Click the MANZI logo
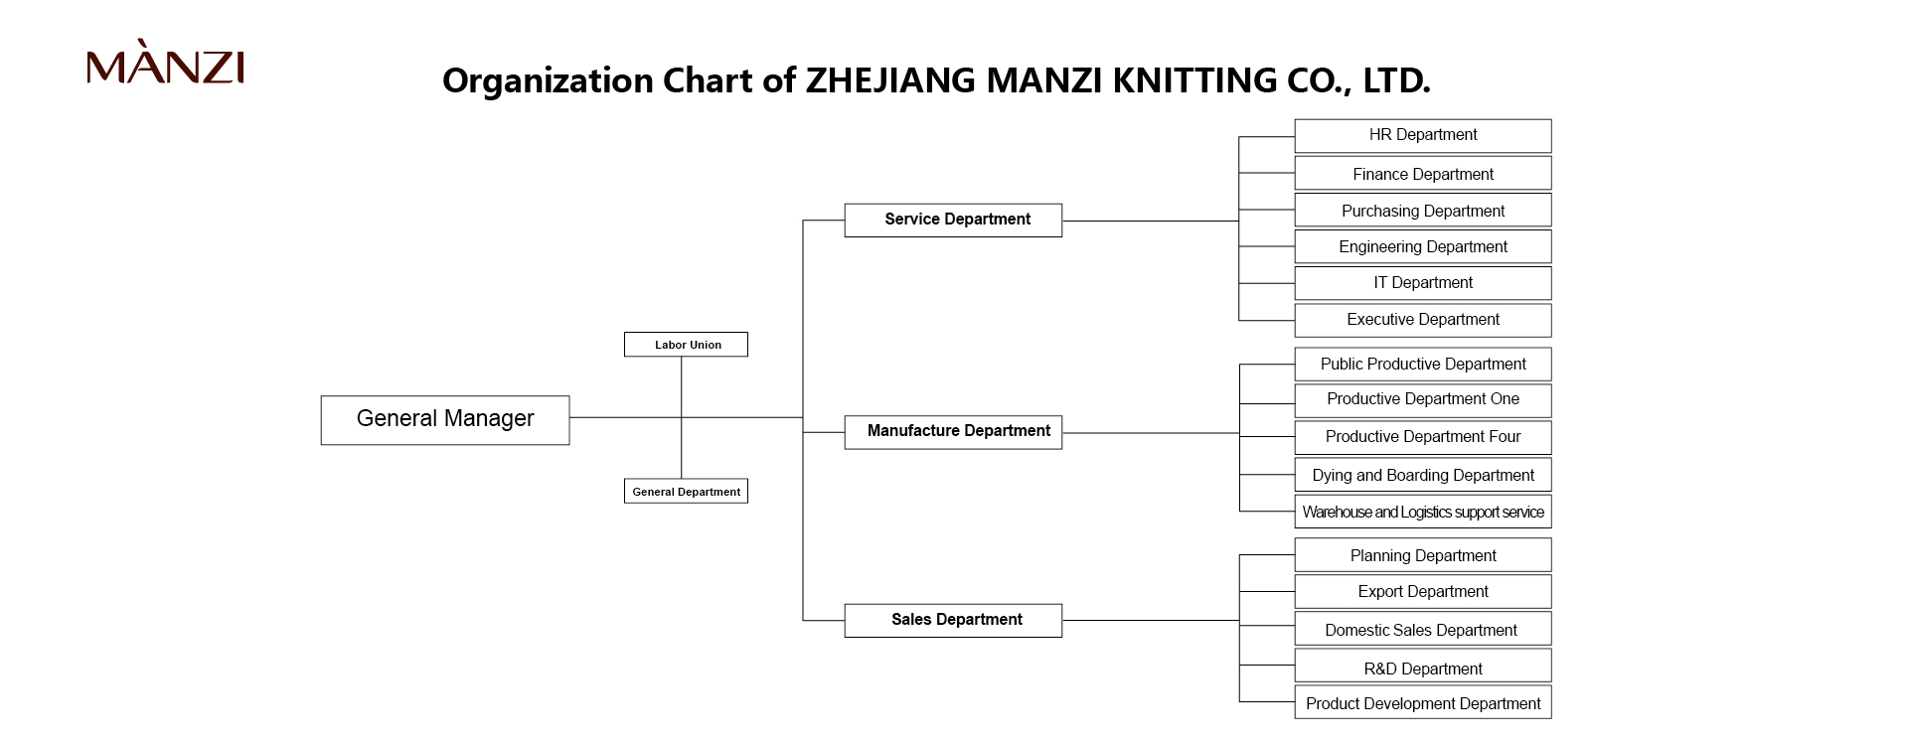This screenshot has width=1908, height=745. [x=165, y=63]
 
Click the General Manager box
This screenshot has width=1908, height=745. [x=445, y=420]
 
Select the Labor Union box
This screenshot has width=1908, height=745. [x=686, y=345]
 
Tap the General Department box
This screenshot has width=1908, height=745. [x=686, y=491]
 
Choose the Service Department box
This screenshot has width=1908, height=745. [x=953, y=221]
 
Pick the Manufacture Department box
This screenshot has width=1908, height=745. [x=953, y=432]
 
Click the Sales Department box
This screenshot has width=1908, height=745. [x=953, y=621]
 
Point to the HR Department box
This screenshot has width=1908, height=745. [x=1423, y=136]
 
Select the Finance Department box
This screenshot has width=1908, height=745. [x=1423, y=173]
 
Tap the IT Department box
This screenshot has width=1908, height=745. [x=1423, y=283]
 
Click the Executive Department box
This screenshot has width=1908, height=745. [x=1423, y=320]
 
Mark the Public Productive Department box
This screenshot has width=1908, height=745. [x=1423, y=365]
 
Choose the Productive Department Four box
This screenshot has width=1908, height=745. [x=1423, y=437]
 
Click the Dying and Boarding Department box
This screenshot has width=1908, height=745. [x=1423, y=475]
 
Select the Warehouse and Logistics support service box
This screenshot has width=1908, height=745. [x=1423, y=512]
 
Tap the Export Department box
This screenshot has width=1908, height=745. [x=1423, y=592]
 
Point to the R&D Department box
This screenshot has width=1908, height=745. [x=1423, y=666]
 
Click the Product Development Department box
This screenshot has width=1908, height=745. [x=1423, y=702]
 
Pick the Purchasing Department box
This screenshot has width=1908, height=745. [x=1423, y=210]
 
